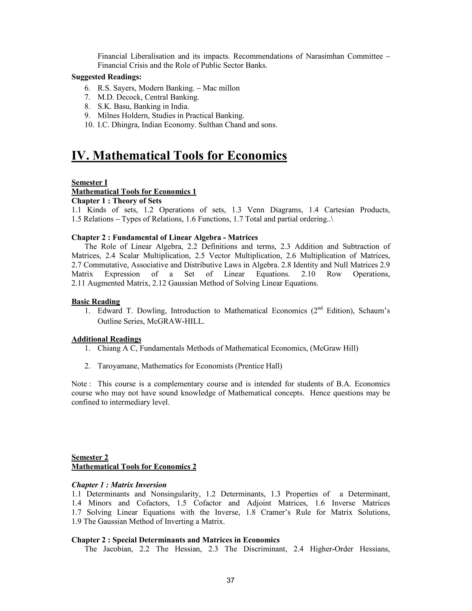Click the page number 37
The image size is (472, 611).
pyautogui.click(x=230, y=581)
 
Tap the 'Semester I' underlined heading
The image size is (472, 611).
pyautogui.click(x=89, y=182)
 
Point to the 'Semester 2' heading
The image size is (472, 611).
pyautogui.click(x=90, y=457)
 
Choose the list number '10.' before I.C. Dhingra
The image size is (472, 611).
pyautogui.click(x=89, y=125)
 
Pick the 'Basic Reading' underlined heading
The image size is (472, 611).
pyautogui.click(x=96, y=302)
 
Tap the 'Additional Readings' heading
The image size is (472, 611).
pyautogui.click(x=106, y=339)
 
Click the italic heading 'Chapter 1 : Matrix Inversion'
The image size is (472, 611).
pyautogui.click(x=119, y=485)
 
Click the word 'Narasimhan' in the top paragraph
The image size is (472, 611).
pyautogui.click(x=325, y=56)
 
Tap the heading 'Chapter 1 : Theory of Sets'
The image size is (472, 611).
pyautogui.click(x=116, y=201)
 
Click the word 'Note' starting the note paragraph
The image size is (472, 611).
pyautogui.click(x=79, y=384)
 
